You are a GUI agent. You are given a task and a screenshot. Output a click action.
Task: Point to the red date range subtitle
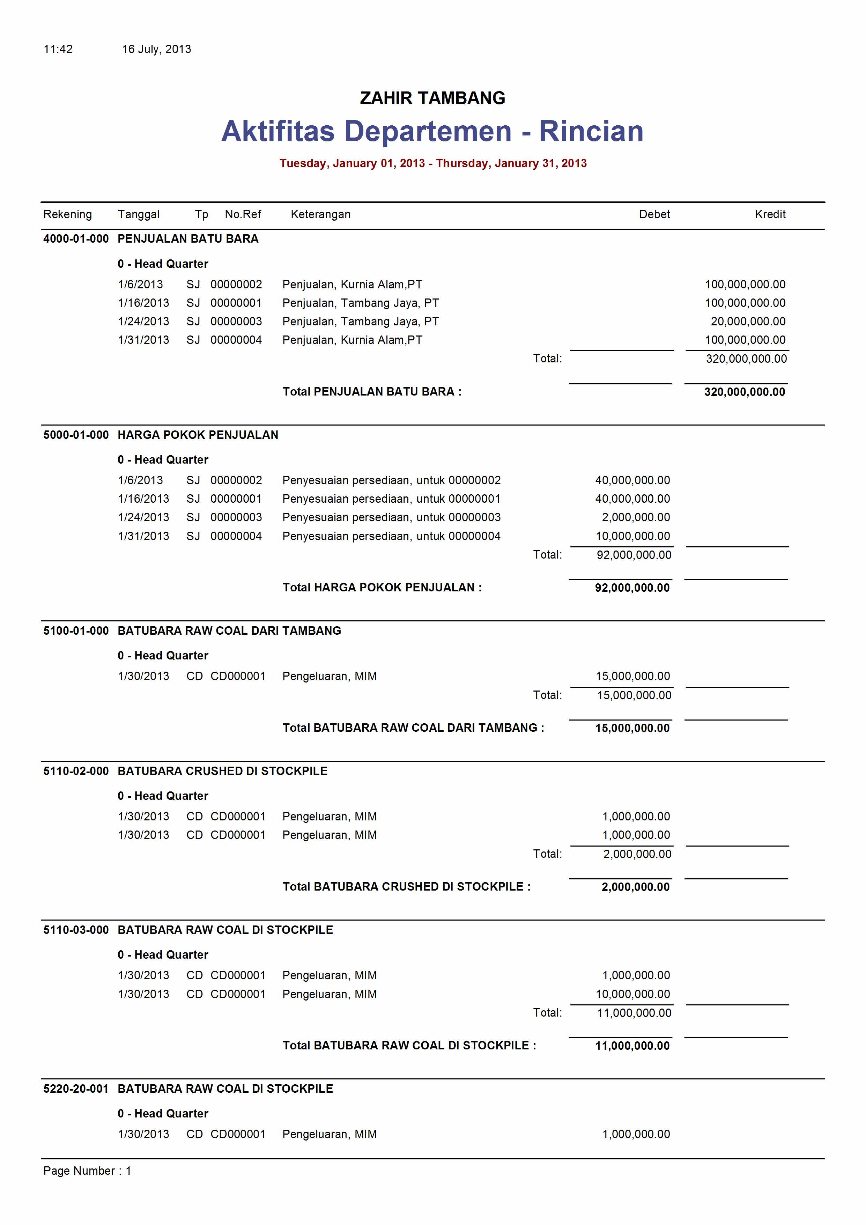click(x=433, y=163)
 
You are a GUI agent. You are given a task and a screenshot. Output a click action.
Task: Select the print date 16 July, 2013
click(x=156, y=49)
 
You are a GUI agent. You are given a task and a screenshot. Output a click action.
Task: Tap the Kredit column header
click(x=770, y=214)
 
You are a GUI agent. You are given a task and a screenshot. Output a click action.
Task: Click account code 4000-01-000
click(x=76, y=239)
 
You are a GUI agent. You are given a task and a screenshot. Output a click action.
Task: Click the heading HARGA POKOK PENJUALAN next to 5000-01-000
click(x=198, y=435)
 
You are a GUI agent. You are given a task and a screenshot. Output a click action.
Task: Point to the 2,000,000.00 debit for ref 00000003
click(x=636, y=517)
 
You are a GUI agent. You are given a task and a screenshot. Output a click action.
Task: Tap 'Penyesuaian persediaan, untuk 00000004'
click(x=391, y=536)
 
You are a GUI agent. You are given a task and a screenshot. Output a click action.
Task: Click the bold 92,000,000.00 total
click(x=632, y=588)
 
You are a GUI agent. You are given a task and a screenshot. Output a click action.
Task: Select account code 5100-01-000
click(x=76, y=630)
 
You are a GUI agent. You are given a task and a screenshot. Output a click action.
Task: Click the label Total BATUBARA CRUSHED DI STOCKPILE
click(x=406, y=887)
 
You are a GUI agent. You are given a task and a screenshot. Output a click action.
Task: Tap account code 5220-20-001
click(x=76, y=1089)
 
